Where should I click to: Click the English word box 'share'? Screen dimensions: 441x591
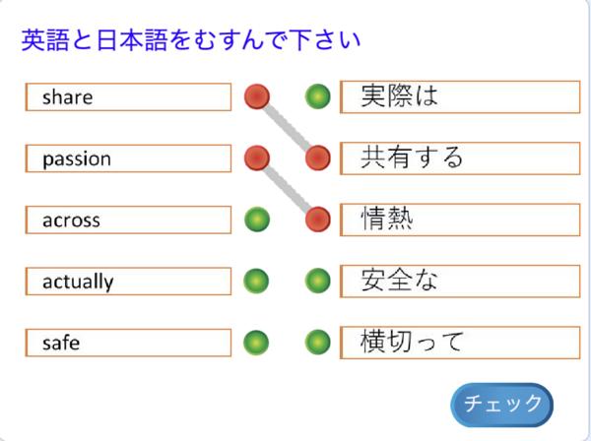pos(128,96)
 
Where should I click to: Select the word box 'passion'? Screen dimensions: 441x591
pos(128,158)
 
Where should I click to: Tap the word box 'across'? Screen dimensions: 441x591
pos(128,220)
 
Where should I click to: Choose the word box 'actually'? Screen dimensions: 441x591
pos(128,282)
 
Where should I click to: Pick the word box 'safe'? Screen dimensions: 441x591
pos(128,343)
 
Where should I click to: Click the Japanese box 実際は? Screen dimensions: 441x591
pos(459,96)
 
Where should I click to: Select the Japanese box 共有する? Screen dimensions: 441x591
pos(459,157)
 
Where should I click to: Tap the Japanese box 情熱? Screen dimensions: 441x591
pos(459,220)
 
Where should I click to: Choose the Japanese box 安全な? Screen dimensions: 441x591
pos(459,281)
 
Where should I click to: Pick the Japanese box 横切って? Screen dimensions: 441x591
pos(459,343)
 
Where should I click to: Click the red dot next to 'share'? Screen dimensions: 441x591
pos(256,96)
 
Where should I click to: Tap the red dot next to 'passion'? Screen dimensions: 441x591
pos(256,157)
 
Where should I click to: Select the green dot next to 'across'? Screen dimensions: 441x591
pos(257,220)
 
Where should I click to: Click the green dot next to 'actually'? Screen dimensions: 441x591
pos(257,282)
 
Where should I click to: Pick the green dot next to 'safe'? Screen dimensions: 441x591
pos(257,343)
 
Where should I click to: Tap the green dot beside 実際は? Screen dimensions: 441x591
pos(317,96)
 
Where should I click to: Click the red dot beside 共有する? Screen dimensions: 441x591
pos(317,157)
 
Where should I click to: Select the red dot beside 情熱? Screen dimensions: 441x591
pos(317,219)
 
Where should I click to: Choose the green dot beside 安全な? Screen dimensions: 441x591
pos(317,282)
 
